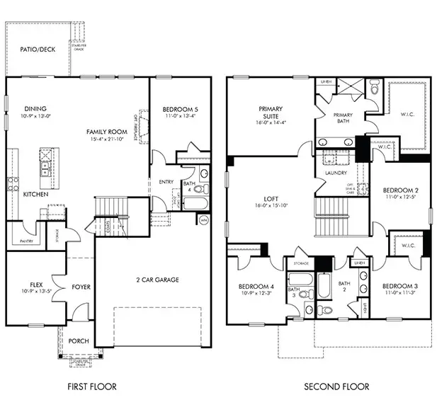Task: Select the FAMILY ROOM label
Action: point(106,132)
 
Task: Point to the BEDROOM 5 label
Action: point(180,109)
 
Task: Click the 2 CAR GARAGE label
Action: point(157,280)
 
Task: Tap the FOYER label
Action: point(80,287)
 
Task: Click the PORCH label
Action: point(79,341)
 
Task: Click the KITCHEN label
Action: point(35,193)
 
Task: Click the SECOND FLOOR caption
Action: point(336,387)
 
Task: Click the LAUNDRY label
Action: point(334,172)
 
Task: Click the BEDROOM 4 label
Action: point(256,287)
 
